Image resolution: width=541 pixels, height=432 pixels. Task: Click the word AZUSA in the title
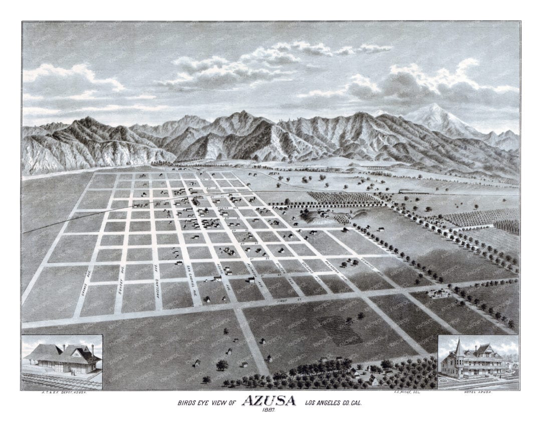269,401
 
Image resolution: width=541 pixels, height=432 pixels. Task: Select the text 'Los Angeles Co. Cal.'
335,402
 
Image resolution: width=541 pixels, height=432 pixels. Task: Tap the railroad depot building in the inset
63,360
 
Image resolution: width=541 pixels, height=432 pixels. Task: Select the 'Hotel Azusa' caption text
479,393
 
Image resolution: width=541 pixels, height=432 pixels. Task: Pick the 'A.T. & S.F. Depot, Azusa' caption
61,393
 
